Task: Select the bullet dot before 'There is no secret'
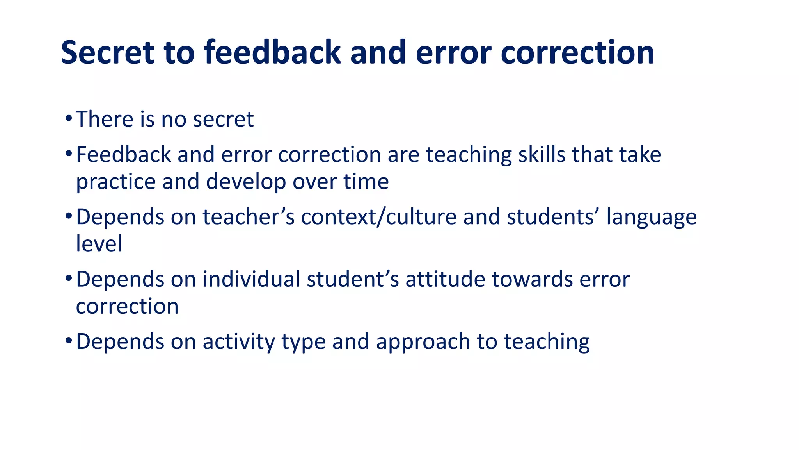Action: [69, 118]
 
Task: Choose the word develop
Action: [246, 182]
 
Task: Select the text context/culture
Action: [378, 217]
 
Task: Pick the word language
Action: [651, 218]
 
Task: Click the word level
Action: [99, 243]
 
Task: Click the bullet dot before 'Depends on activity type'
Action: [69, 340]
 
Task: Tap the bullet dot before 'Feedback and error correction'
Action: [69, 154]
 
